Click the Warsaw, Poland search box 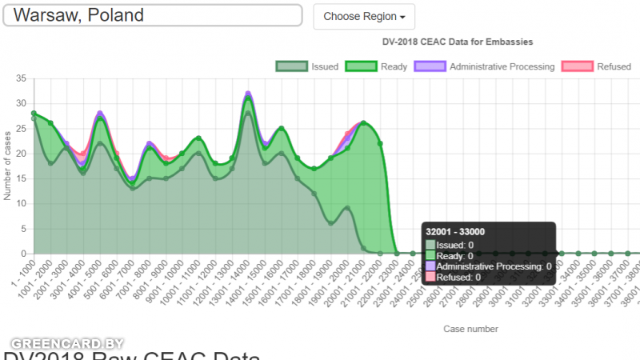[152, 15]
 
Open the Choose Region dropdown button [364, 16]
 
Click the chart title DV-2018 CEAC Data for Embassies [458, 42]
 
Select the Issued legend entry [307, 66]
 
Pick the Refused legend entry [597, 66]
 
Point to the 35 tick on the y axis [21, 78]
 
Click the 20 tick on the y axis [21, 154]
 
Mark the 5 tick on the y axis [23, 229]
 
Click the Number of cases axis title [7, 166]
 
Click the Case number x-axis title [470, 329]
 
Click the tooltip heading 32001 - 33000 [456, 232]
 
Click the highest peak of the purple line [248, 94]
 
